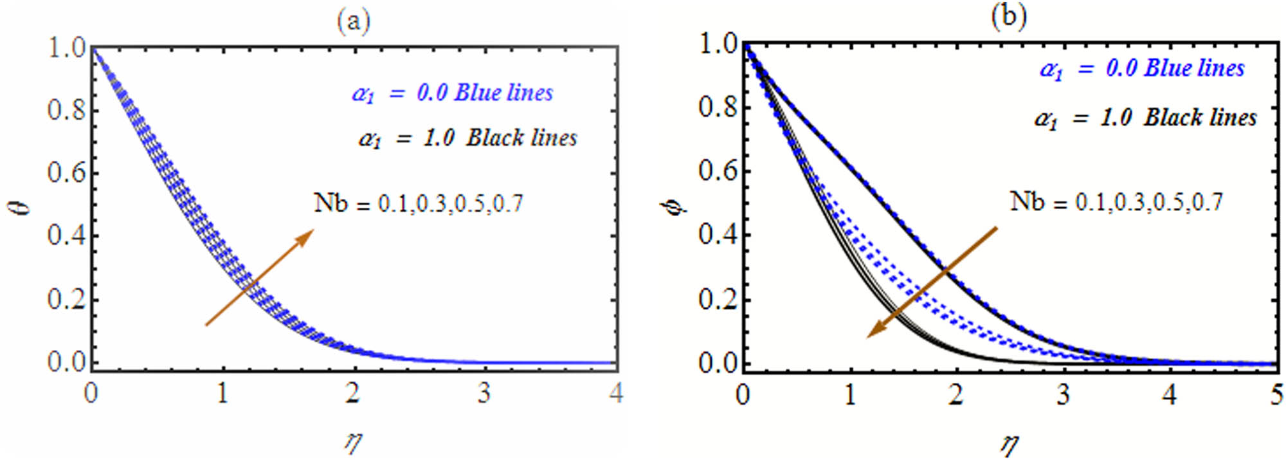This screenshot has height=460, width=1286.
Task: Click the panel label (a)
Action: pos(354,23)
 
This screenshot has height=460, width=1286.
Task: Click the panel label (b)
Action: pos(1008,16)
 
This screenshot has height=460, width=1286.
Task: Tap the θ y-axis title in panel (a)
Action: pos(23,206)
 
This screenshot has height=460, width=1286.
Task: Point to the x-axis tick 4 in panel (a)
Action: pos(616,392)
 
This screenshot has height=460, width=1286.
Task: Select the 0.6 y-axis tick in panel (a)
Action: pos(66,173)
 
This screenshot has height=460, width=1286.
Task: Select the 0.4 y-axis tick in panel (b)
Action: pos(718,235)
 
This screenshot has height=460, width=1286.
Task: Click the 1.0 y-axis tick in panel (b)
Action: pos(718,44)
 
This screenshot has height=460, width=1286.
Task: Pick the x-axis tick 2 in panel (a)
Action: pos(353,392)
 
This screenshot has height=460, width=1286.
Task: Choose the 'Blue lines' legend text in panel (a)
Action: pos(503,93)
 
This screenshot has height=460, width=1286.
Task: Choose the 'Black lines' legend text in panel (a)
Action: pos(521,138)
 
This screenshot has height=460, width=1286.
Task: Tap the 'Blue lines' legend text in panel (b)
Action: pos(1195,68)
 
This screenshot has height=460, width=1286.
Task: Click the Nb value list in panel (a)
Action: pos(419,203)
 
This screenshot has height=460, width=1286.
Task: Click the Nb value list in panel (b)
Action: pos(1116,202)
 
